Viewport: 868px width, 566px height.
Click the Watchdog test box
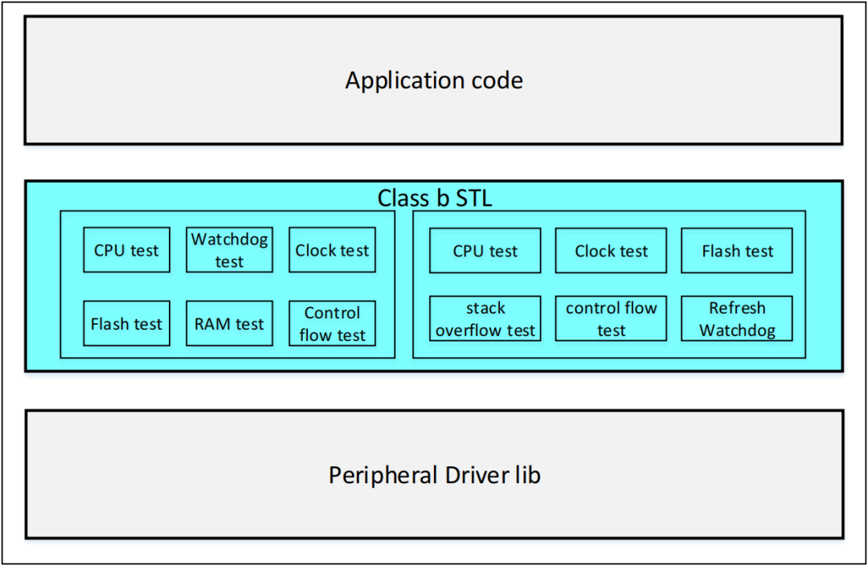[229, 250]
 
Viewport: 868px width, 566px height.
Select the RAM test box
[229, 324]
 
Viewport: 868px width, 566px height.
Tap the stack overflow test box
[485, 319]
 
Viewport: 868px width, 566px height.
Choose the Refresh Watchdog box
[737, 319]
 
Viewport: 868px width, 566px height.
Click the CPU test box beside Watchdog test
[126, 250]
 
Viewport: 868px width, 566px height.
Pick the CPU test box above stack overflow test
[485, 251]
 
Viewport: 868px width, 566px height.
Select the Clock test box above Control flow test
[332, 250]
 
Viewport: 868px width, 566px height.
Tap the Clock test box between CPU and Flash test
[611, 251]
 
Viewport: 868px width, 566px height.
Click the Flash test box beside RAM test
[126, 324]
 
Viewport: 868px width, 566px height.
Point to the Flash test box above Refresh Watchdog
[737, 251]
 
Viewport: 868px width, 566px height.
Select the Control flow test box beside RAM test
[332, 324]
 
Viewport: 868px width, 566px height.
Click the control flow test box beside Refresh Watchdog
[611, 319]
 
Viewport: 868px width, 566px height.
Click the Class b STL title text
[434, 199]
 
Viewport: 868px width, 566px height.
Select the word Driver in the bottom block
[467, 475]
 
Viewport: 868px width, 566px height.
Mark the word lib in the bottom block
[528, 475]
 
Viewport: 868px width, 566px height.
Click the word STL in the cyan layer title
[473, 199]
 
